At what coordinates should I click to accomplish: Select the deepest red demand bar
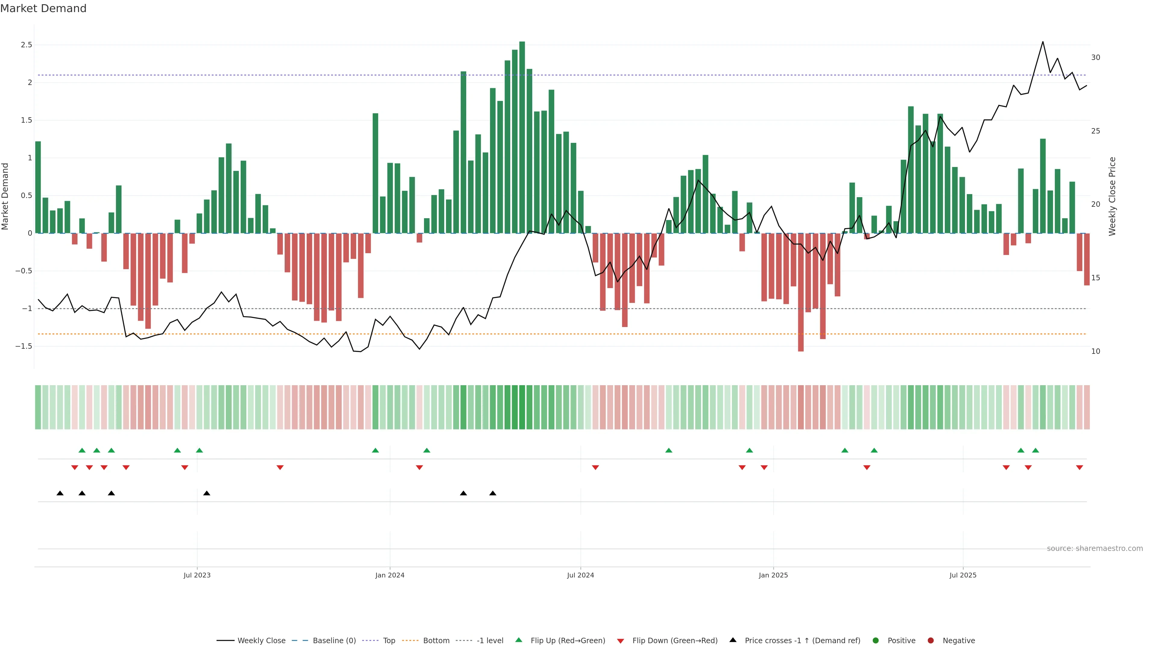point(801,292)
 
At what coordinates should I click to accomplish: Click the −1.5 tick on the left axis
point(24,346)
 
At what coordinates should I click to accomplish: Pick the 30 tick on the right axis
point(1096,58)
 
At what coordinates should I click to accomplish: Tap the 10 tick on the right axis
point(1096,351)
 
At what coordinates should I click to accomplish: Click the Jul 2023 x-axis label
point(197,575)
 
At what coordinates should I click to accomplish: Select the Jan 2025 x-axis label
point(773,575)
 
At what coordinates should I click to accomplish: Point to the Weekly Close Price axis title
point(1112,196)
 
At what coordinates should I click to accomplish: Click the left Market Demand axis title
point(5,196)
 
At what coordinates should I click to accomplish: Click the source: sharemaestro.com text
point(1095,549)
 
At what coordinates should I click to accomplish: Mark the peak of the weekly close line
point(1043,42)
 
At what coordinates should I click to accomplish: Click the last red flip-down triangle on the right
point(1079,468)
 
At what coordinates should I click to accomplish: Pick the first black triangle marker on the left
point(60,493)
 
